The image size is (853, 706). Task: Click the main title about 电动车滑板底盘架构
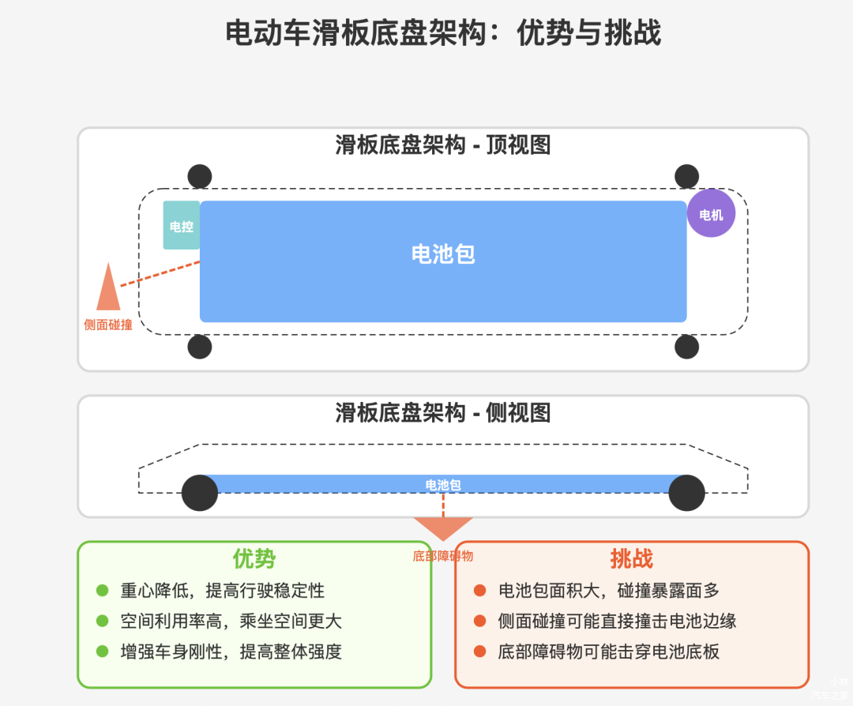tap(443, 33)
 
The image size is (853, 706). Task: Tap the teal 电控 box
tap(182, 226)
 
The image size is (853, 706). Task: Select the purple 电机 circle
tap(711, 214)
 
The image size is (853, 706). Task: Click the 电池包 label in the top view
tap(443, 253)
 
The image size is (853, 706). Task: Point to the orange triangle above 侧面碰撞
tap(108, 288)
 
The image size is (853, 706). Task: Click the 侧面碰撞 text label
tap(108, 325)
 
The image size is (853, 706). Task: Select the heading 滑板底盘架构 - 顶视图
tap(443, 145)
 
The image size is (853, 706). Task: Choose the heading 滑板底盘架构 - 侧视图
tap(443, 413)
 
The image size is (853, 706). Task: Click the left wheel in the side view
tap(200, 493)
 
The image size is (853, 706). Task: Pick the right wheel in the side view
tap(686, 493)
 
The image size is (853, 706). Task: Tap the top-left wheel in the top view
tap(200, 176)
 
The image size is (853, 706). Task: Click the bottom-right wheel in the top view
tap(686, 346)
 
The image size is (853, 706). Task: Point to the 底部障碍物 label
tap(443, 556)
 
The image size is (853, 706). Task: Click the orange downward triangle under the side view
tap(443, 528)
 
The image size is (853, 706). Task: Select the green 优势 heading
tap(254, 559)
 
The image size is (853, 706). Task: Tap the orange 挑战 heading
tap(632, 559)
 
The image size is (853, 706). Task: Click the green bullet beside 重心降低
tap(102, 591)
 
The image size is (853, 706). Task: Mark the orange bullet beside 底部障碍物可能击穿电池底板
tap(479, 652)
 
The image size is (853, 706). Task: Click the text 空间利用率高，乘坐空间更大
tap(231, 622)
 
